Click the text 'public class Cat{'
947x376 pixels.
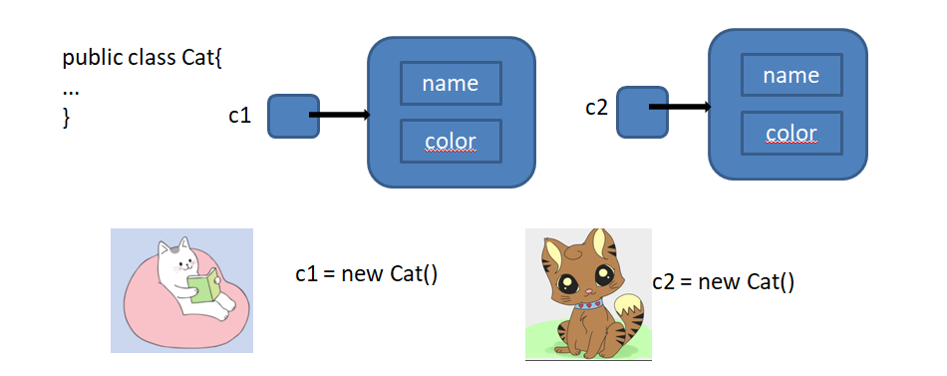(143, 57)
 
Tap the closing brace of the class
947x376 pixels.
(67, 117)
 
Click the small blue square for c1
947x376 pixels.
(292, 117)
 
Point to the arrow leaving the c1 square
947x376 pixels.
(339, 116)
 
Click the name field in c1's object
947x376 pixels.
(451, 84)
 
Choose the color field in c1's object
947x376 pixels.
(451, 141)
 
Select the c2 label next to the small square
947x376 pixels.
(596, 107)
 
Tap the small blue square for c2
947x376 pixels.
(641, 111)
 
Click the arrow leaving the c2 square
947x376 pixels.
(680, 106)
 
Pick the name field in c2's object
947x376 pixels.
(791, 76)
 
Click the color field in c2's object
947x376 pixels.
(791, 133)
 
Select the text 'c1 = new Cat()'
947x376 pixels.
(367, 273)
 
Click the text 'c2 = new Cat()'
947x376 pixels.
(724, 282)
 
